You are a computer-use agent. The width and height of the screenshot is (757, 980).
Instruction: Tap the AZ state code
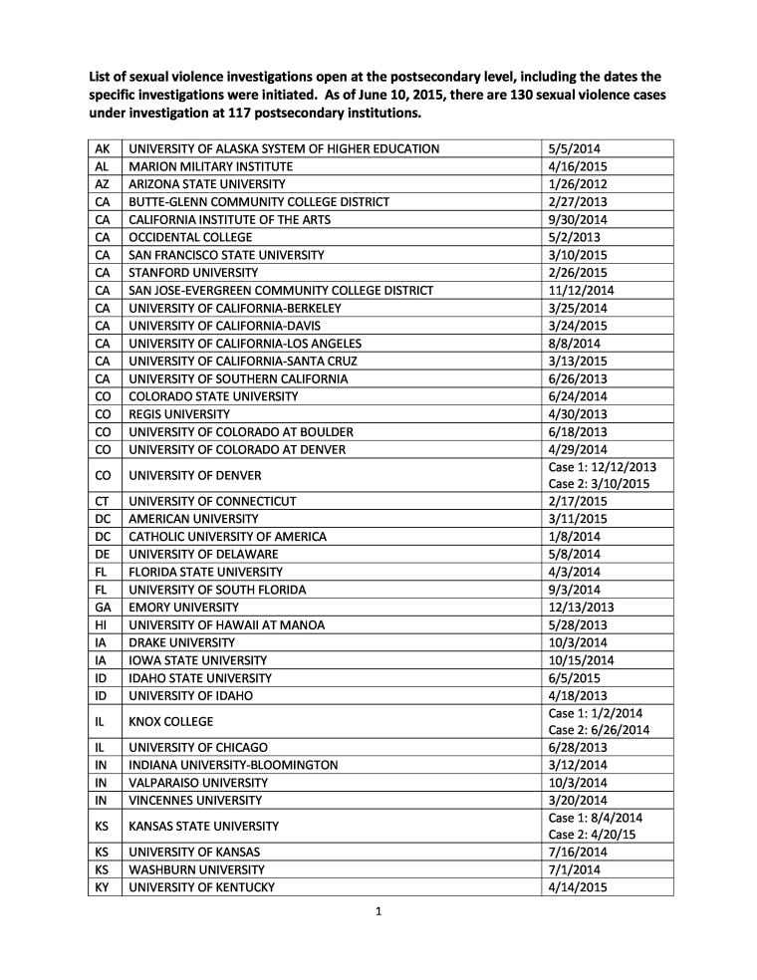point(102,184)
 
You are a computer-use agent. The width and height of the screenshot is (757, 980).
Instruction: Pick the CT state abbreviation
point(102,501)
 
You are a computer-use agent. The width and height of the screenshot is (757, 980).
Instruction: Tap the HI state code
point(102,624)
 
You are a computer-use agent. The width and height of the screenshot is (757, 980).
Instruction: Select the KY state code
point(102,887)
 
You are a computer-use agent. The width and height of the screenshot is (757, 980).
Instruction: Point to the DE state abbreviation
point(102,554)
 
